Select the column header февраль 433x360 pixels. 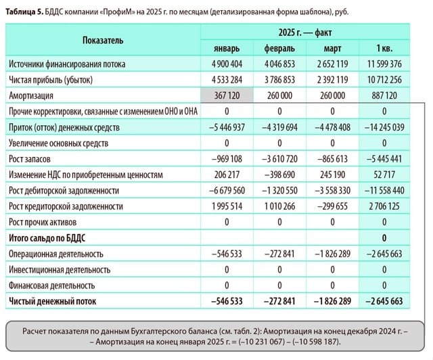(x=279, y=48)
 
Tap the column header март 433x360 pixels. (x=332, y=48)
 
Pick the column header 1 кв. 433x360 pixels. (x=384, y=48)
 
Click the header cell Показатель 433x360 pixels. (x=103, y=40)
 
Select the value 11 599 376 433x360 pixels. (x=384, y=64)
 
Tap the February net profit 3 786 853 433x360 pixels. (x=279, y=80)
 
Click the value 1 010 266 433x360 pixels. (x=279, y=206)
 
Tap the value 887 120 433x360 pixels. (x=384, y=95)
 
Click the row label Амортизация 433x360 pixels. (x=33, y=95)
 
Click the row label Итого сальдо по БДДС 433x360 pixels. (x=51, y=238)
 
